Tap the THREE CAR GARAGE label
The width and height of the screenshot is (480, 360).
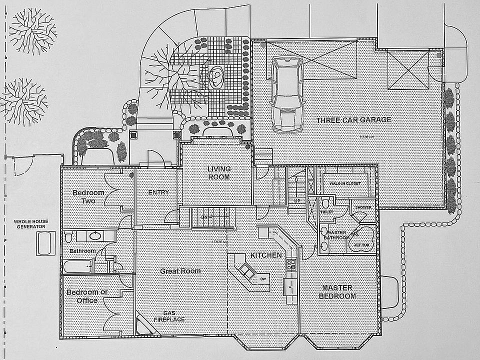point(353,120)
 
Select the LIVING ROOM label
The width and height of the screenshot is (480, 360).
point(218,173)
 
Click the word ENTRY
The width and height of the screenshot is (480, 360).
point(158,192)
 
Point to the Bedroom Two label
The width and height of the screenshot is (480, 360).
point(88,196)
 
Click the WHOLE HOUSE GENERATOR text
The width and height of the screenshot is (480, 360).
point(29,223)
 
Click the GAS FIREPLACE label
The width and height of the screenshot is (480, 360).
point(168,316)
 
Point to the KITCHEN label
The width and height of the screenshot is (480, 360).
point(266,255)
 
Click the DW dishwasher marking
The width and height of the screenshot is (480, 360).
point(263,279)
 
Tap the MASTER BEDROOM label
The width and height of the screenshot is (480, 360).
point(338,292)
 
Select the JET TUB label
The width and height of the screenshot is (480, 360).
point(360,245)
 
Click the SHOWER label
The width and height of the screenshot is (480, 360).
point(362,207)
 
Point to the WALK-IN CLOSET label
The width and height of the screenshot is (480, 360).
point(345,183)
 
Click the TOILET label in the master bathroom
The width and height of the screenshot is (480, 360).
point(326,211)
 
